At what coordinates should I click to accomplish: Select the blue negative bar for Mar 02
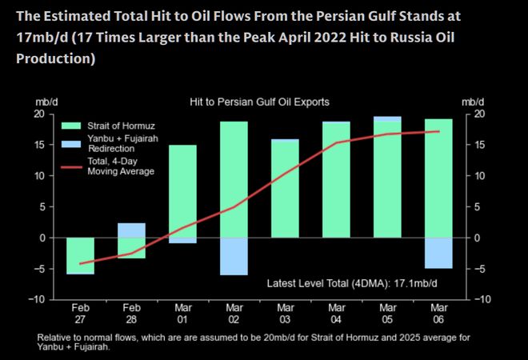pos(234,256)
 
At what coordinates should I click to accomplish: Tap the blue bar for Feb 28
pos(131,230)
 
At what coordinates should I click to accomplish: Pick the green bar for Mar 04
pos(336,179)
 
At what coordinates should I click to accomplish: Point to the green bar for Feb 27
pos(80,256)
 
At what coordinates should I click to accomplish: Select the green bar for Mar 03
pos(285,189)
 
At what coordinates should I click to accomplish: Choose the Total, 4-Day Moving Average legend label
pos(121,166)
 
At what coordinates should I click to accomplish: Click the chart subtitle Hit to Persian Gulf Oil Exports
pos(259,102)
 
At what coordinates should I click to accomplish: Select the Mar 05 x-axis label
pos(387,313)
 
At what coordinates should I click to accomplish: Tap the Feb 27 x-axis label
pos(80,313)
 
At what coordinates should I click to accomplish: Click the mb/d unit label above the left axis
pos(46,102)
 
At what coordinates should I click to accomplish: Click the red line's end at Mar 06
pos(438,131)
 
